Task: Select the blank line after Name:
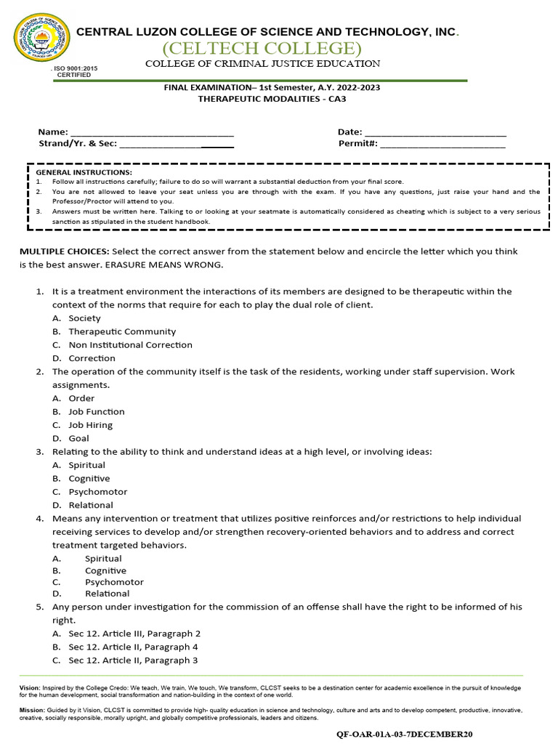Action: pos(152,132)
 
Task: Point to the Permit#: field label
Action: pos(357,144)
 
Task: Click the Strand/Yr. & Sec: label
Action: pos(77,144)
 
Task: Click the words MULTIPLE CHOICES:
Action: pos(65,251)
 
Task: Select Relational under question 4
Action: pos(107,594)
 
